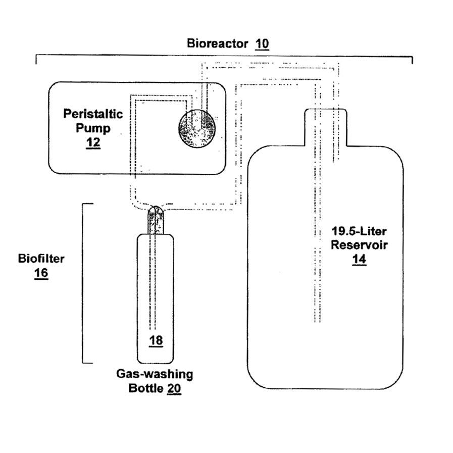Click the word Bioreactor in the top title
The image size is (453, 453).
pyautogui.click(x=217, y=43)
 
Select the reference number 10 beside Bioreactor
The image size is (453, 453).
pyautogui.click(x=262, y=43)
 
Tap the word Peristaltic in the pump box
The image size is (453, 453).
pyautogui.click(x=93, y=113)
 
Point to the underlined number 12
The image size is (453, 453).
pyautogui.click(x=93, y=143)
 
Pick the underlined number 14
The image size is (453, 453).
pyautogui.click(x=359, y=260)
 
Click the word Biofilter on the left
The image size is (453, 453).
pyautogui.click(x=41, y=259)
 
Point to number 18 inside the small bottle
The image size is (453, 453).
pyautogui.click(x=156, y=341)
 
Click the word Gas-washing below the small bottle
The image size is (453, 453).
pyautogui.click(x=155, y=375)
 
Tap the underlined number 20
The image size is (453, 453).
pyautogui.click(x=174, y=389)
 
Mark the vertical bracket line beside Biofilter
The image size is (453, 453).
pyautogui.click(x=83, y=283)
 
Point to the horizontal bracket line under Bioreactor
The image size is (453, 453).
pyautogui.click(x=224, y=56)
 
